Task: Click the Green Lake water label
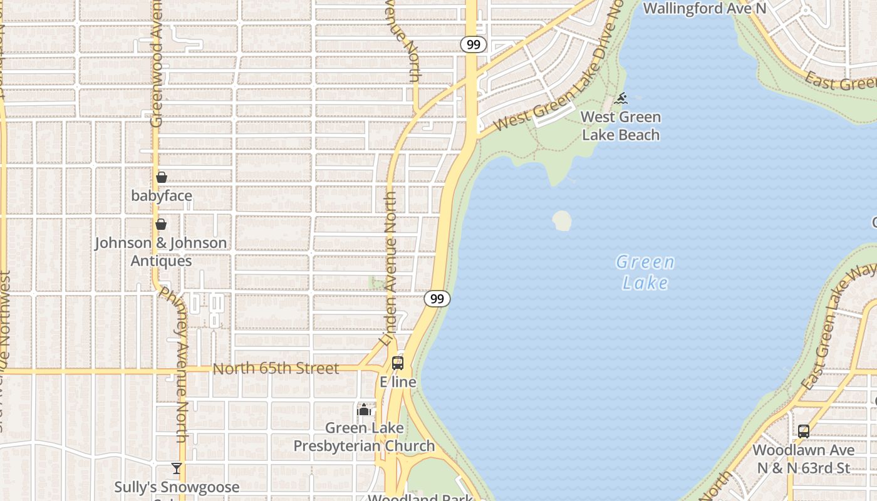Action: click(x=645, y=272)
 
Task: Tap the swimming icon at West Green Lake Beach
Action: click(x=621, y=98)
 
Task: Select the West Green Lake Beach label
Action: click(x=621, y=126)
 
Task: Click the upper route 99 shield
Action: click(x=473, y=44)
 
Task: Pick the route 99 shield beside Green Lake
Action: click(x=437, y=299)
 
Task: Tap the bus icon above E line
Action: click(x=398, y=363)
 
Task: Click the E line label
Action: click(x=398, y=382)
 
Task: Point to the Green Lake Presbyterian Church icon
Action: click(x=363, y=410)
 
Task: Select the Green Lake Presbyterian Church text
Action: click(x=364, y=437)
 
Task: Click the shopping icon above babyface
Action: click(x=162, y=177)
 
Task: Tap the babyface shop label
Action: click(x=162, y=196)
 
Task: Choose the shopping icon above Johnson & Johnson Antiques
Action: click(x=161, y=224)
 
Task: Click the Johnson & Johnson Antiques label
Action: click(x=161, y=252)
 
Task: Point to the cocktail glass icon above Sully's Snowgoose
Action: click(x=177, y=468)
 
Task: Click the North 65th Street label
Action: click(x=276, y=368)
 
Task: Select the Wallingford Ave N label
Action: click(x=705, y=8)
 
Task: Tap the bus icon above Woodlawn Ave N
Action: click(x=804, y=431)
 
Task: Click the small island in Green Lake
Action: click(x=562, y=220)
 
